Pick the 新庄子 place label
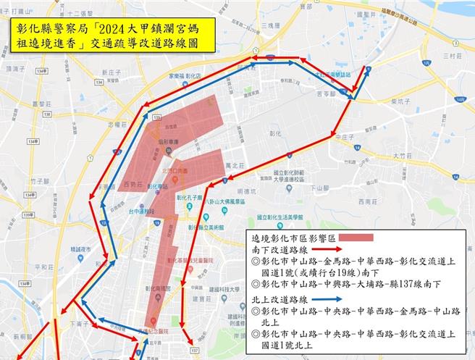click(111, 73)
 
